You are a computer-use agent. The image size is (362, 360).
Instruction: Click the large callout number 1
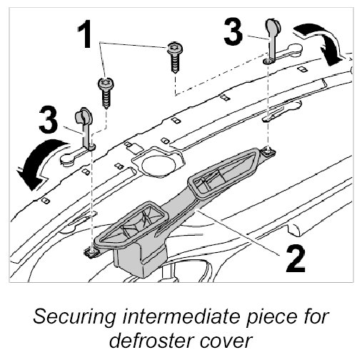coord(85,34)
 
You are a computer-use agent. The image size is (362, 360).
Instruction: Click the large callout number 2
coord(296,259)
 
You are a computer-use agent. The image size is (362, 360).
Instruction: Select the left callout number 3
coord(49,119)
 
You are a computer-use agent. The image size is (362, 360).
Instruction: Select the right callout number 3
coord(233,31)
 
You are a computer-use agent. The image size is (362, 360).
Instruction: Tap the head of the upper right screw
coord(175,49)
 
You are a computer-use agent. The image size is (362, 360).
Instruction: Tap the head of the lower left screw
coord(106,84)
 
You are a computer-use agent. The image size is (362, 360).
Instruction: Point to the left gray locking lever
coord(85,129)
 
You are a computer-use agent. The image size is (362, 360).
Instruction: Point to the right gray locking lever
coord(272,41)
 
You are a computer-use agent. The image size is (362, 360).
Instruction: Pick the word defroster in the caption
coord(151,341)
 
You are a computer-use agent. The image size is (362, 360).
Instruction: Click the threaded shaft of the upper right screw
coord(175,64)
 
